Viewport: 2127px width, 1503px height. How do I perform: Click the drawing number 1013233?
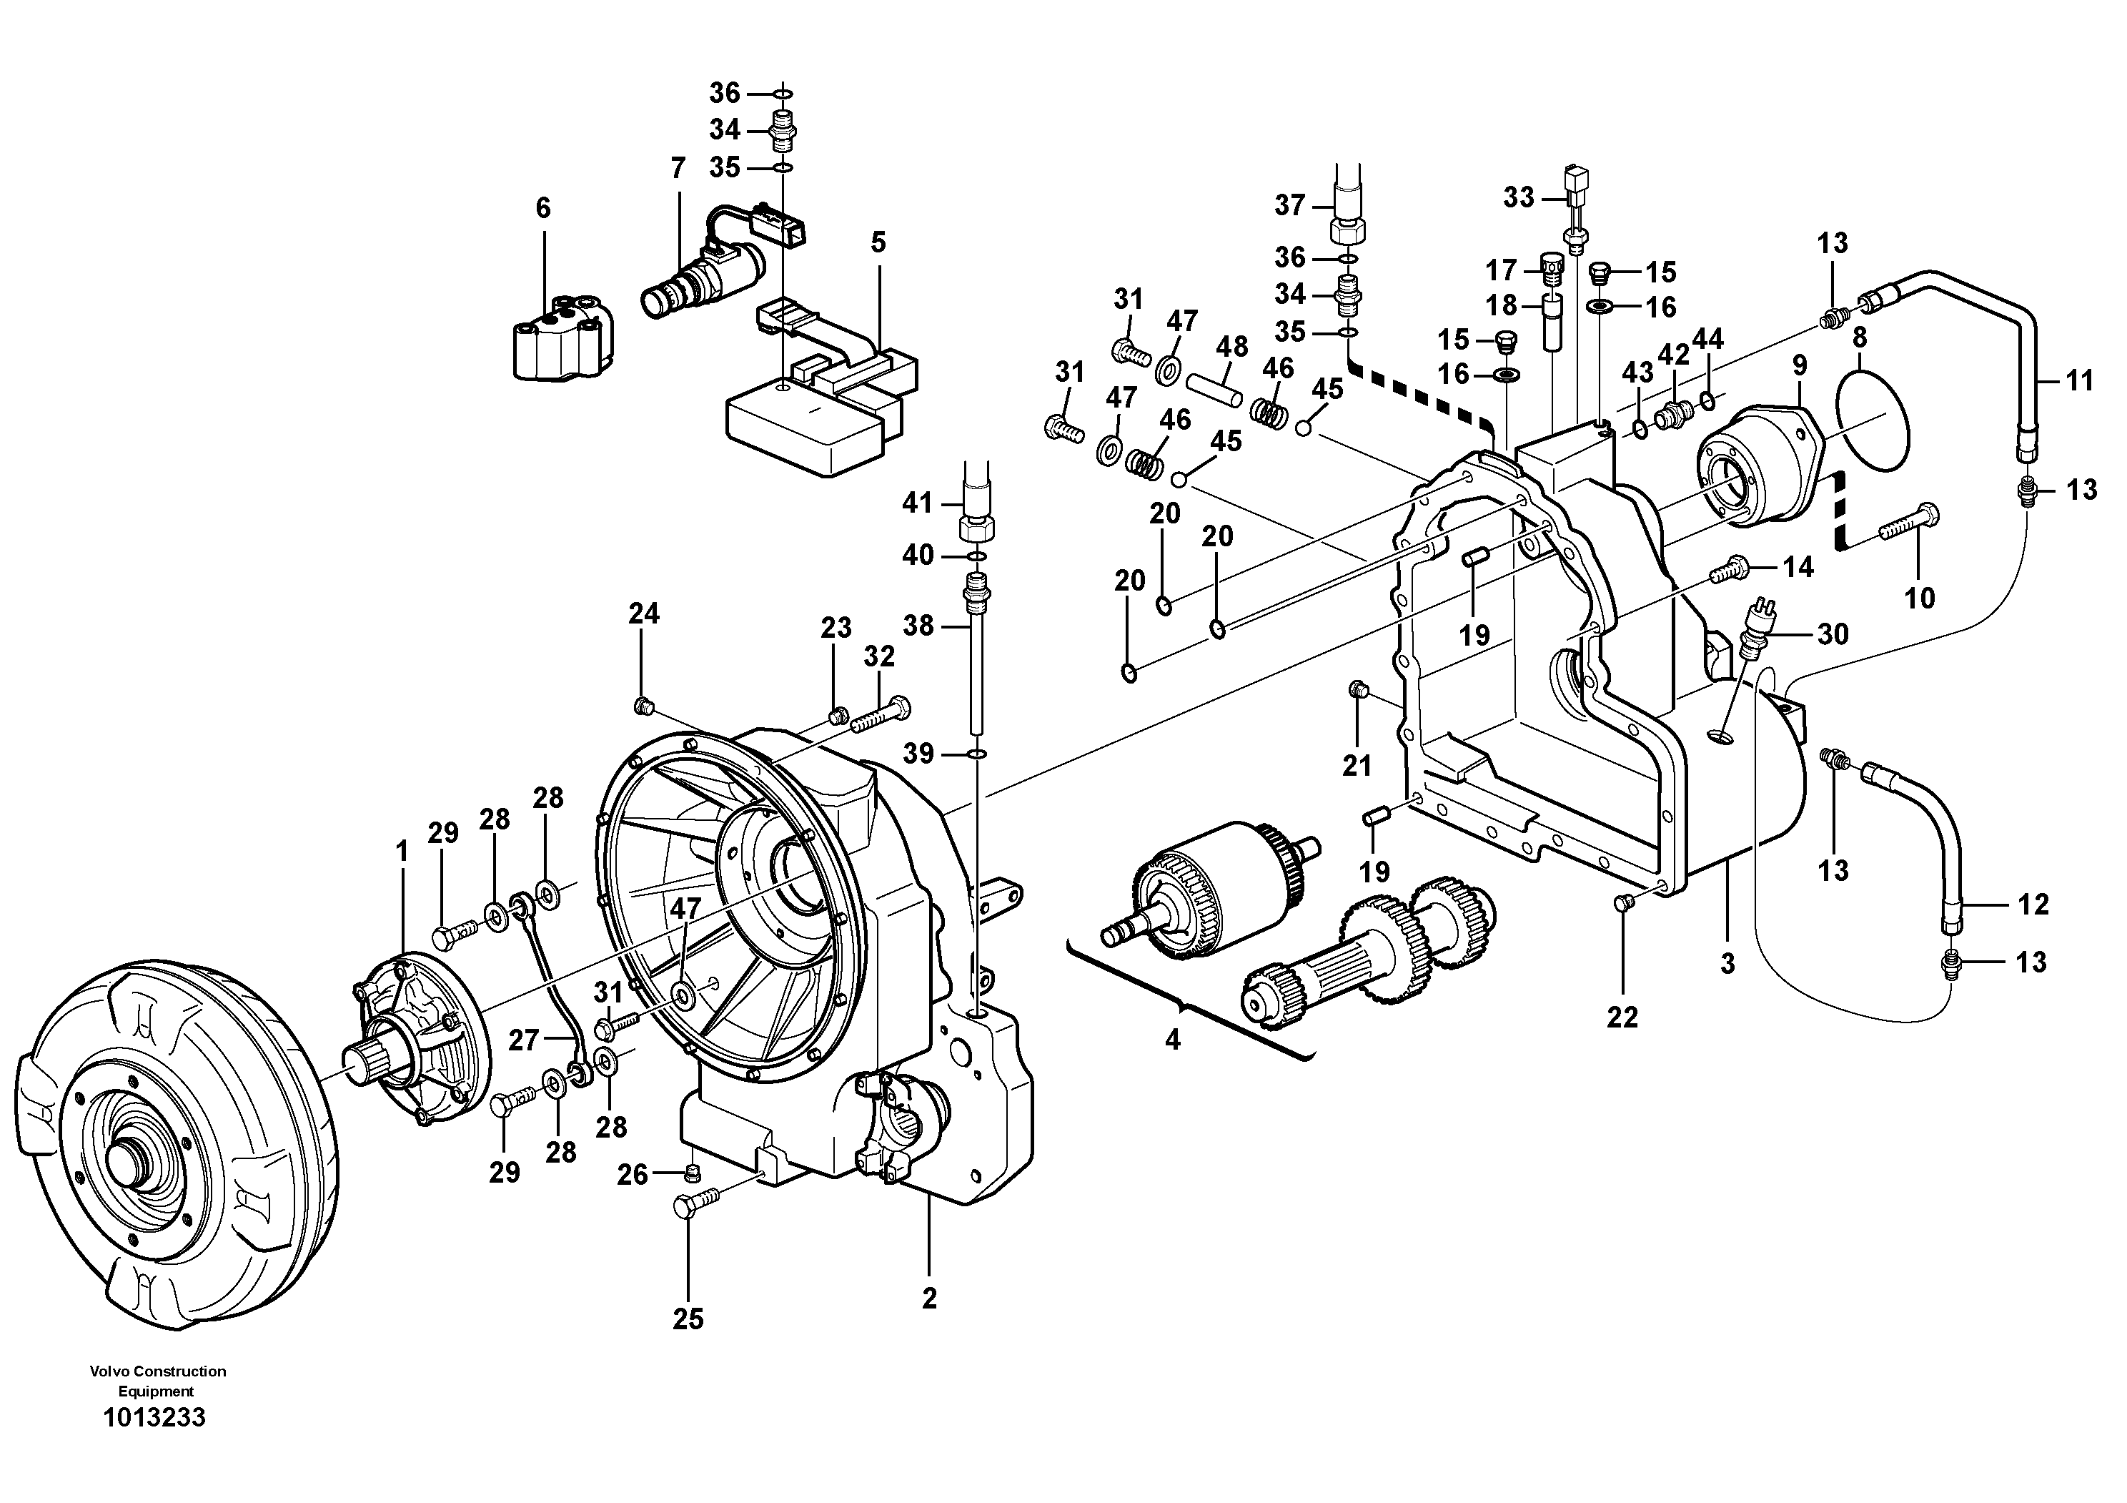[154, 1418]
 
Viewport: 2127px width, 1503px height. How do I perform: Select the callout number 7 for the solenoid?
[678, 169]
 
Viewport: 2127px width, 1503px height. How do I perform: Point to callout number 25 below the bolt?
[688, 1319]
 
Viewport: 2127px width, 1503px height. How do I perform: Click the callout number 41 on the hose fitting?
[917, 503]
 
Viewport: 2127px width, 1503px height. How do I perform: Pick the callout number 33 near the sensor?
[1518, 197]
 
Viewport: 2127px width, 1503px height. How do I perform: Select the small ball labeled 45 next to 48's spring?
[1304, 427]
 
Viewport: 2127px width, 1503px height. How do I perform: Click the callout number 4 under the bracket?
[1172, 1040]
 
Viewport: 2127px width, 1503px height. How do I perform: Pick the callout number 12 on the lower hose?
[2033, 905]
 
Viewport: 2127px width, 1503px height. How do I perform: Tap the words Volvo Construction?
[157, 1371]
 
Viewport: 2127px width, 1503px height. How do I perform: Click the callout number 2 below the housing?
[929, 1299]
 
